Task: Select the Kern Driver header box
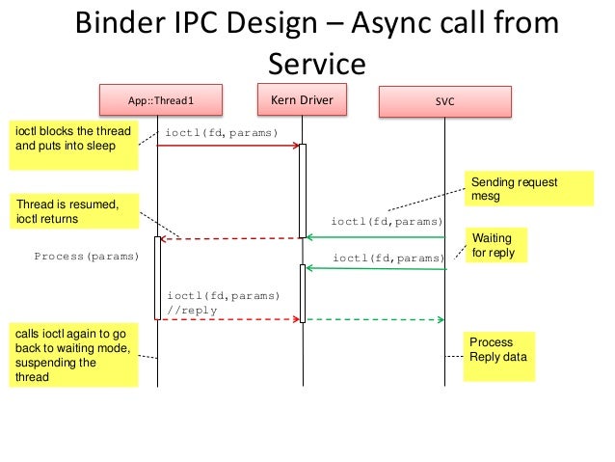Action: [303, 99]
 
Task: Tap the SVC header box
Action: [446, 100]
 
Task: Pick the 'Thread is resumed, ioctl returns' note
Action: [71, 211]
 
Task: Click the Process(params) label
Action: [86, 258]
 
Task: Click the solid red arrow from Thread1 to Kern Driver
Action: [228, 146]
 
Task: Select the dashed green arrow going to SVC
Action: [376, 319]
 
